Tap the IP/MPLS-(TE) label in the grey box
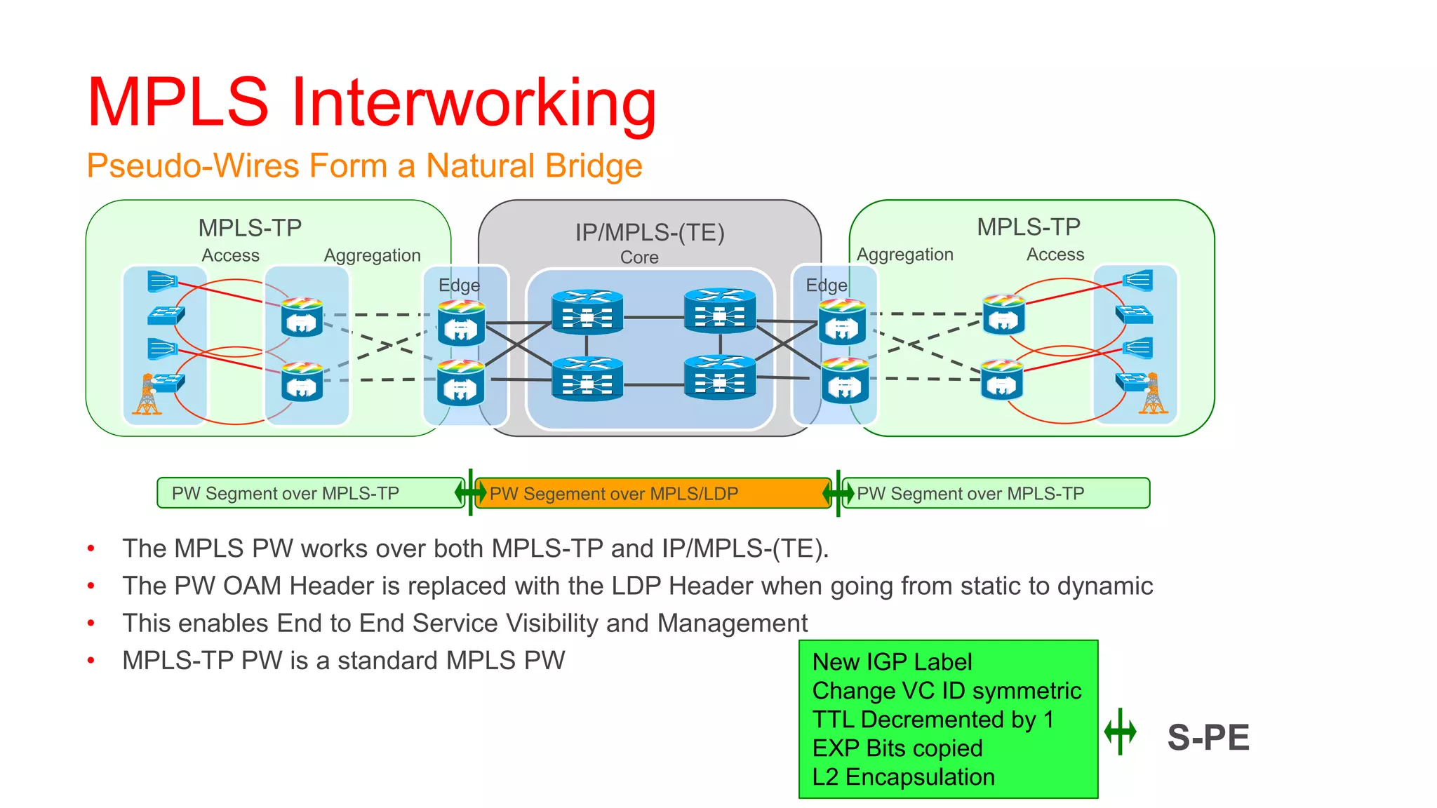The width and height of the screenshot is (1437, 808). (x=650, y=232)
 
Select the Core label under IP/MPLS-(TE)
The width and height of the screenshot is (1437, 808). (x=639, y=257)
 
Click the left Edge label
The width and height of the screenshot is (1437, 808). (x=459, y=285)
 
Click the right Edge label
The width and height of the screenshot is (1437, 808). (x=827, y=285)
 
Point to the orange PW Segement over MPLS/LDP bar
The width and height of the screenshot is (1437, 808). (x=653, y=493)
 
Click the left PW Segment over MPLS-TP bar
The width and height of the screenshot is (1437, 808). (x=309, y=493)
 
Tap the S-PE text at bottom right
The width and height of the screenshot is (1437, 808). (x=1208, y=737)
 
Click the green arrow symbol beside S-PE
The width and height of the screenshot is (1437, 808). (x=1121, y=732)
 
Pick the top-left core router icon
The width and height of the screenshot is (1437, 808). (x=587, y=311)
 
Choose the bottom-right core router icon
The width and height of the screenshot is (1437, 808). (x=720, y=377)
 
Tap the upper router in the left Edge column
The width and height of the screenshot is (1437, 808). (x=461, y=323)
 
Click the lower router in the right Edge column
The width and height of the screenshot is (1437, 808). (x=844, y=380)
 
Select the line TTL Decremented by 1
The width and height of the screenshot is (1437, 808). (x=933, y=720)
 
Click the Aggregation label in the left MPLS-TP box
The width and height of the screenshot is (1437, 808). (x=372, y=255)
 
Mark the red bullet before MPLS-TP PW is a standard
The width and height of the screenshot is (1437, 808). (x=91, y=660)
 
